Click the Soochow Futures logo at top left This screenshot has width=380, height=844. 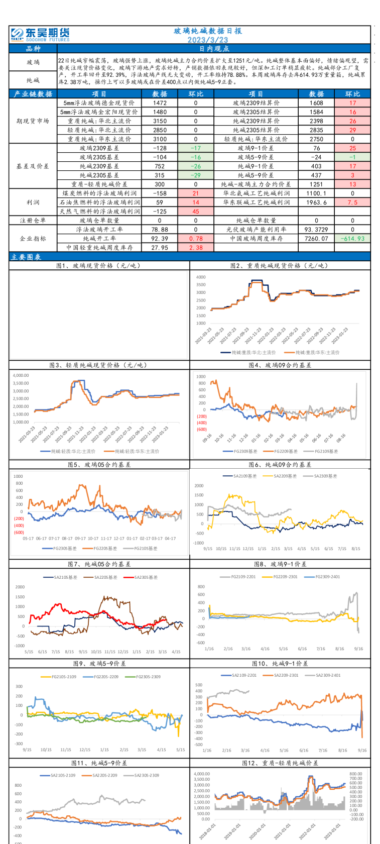coord(40,34)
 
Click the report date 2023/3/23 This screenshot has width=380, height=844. coord(208,40)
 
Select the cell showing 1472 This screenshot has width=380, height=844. coord(160,103)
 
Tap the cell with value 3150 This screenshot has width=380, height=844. coord(160,121)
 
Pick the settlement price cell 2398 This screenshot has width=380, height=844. coord(316,121)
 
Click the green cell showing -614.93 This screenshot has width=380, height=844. coord(352,239)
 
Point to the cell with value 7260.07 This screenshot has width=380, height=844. coord(316,239)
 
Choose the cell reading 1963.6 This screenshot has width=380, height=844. coord(316,202)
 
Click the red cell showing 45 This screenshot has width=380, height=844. coord(196,212)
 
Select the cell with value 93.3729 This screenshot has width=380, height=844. coord(316,230)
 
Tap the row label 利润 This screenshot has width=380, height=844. coord(33,202)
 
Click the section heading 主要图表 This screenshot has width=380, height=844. coord(27,257)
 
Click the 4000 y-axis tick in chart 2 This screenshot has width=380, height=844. coord(201,277)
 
